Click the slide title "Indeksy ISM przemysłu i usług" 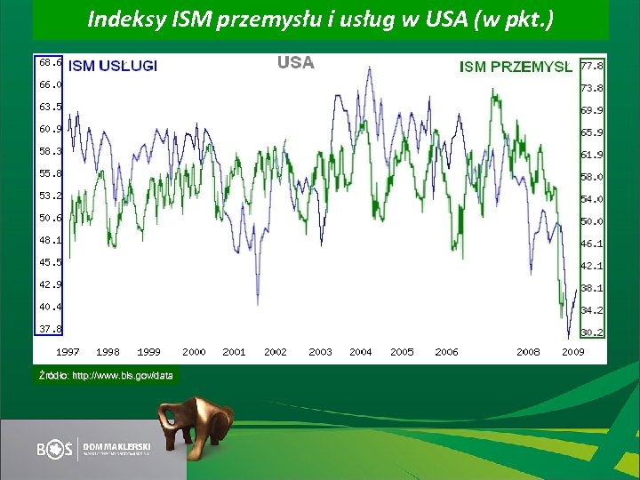320,20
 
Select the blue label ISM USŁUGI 113,66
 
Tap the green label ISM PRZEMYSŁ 516,66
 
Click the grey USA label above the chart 295,62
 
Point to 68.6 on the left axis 49,63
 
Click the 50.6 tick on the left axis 49,218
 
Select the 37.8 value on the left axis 49,329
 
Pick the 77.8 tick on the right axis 592,66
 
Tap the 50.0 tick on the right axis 592,221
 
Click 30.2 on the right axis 592,332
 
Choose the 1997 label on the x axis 68,352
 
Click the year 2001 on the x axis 234,352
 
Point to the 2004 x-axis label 361,352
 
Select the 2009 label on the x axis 573,352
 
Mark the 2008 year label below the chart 528,352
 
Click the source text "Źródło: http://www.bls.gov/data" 106,376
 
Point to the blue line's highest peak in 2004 369,68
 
